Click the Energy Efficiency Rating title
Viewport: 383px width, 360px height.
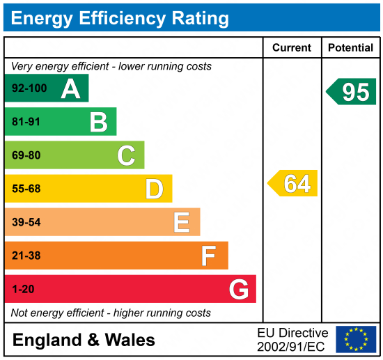point(120,17)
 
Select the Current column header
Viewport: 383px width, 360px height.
point(292,48)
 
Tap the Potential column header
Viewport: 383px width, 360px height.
point(351,48)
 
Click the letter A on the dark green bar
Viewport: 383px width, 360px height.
point(70,88)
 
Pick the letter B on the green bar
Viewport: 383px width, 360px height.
point(98,122)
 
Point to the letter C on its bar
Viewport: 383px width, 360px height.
point(126,155)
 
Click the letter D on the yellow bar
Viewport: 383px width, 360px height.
point(154,189)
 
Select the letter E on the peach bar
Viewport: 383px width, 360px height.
point(182,222)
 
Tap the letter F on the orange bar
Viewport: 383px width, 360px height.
point(209,256)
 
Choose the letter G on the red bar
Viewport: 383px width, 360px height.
point(239,289)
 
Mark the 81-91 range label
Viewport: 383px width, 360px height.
point(26,122)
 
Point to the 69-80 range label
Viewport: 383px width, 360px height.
point(26,155)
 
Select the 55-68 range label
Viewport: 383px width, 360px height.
point(26,189)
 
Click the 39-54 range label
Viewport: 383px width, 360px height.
point(26,222)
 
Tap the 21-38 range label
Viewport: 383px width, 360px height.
point(26,256)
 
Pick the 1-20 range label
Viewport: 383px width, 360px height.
point(23,289)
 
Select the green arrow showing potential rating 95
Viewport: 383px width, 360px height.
point(352,91)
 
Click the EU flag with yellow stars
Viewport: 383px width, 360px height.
point(356,339)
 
